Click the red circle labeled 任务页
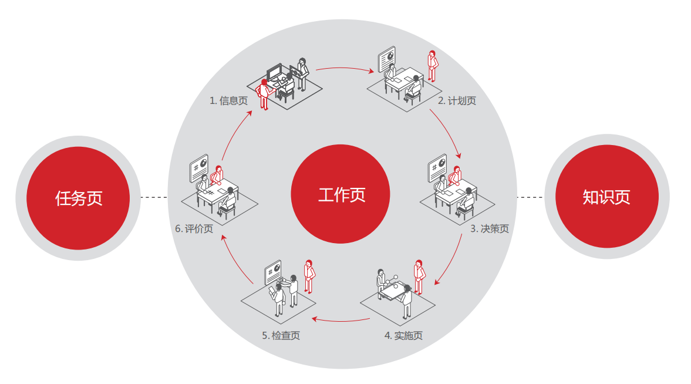pos(78,197)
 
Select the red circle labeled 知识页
pos(606,197)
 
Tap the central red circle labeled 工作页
pos(341,194)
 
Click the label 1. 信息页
pos(228,101)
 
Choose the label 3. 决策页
pos(489,229)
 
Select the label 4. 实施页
pos(403,336)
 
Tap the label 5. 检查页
pos(281,336)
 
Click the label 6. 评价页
pos(194,229)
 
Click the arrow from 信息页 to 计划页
pos(345,69)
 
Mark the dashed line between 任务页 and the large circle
pos(154,197)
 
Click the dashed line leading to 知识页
pos(530,197)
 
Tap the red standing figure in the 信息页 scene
pos(264,94)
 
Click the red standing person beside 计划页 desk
pos(432,65)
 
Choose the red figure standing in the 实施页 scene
pos(419,276)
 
